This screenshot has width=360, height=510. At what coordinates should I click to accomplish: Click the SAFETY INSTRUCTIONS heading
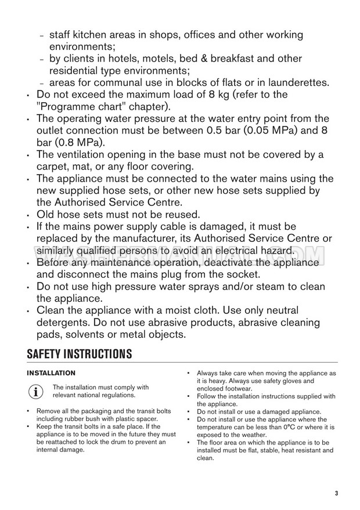tap(80, 353)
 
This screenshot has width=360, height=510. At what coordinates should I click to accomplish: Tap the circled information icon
tap(36, 392)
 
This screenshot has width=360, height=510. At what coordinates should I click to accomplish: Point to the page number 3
tap(336, 494)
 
